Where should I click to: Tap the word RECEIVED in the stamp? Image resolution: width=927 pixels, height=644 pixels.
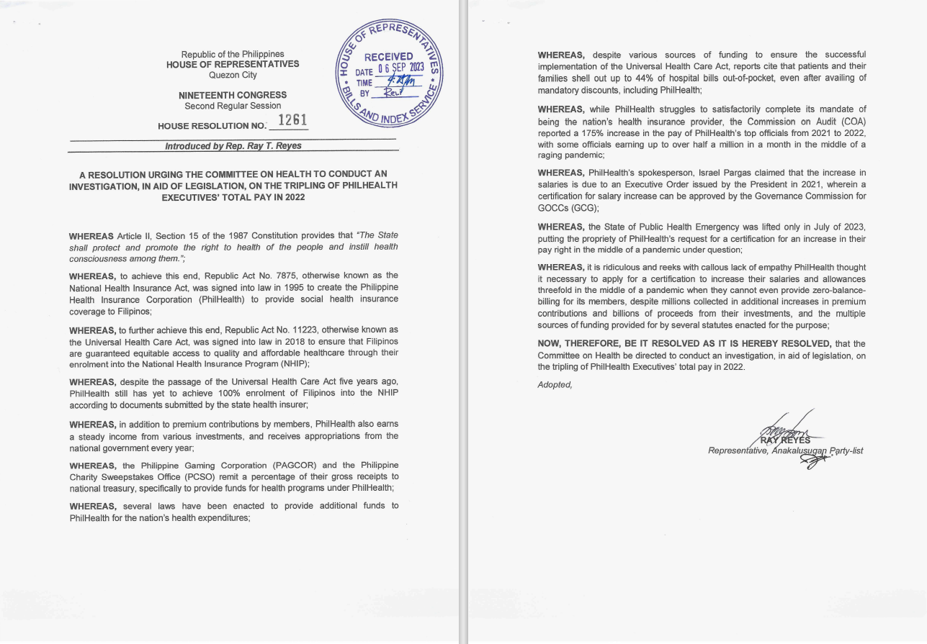click(388, 58)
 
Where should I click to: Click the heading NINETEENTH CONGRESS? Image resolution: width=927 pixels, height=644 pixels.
click(233, 95)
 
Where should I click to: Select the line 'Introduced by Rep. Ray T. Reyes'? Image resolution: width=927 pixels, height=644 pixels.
click(233, 145)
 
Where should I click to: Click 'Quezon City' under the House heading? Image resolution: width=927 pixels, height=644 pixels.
click(233, 75)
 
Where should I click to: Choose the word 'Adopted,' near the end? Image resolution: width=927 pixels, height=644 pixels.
click(555, 384)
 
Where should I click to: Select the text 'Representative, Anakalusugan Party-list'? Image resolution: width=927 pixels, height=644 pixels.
click(785, 451)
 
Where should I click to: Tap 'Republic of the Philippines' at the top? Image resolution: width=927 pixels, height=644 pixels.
click(233, 54)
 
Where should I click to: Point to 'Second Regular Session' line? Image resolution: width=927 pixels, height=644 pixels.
click(233, 106)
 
